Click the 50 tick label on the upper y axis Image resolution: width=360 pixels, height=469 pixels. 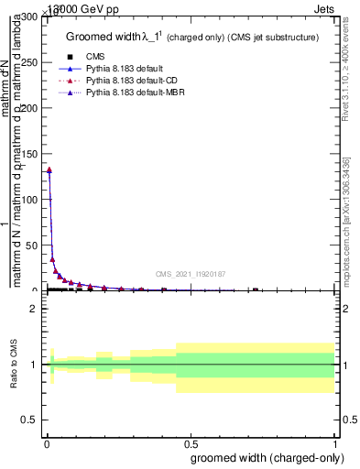click(31, 245)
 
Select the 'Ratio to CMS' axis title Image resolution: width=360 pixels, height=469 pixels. click(15, 365)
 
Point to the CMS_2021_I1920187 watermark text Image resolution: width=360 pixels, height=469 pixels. click(191, 274)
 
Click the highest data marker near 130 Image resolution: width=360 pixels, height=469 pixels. click(49, 169)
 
